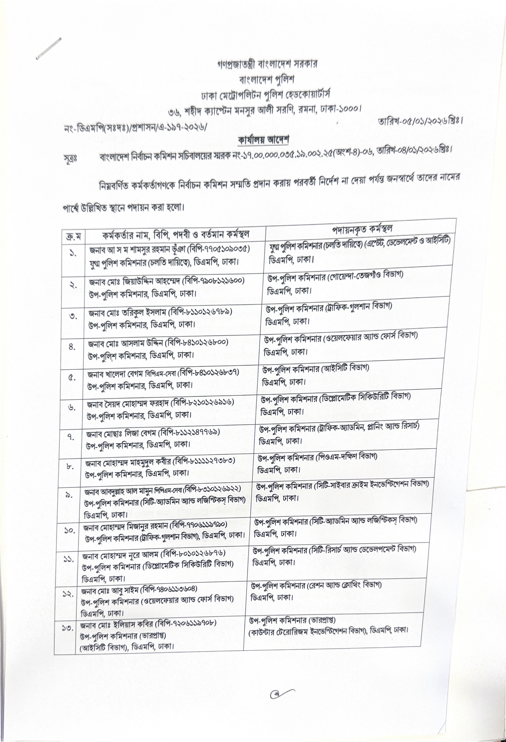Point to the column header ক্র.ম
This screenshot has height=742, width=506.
73,237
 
